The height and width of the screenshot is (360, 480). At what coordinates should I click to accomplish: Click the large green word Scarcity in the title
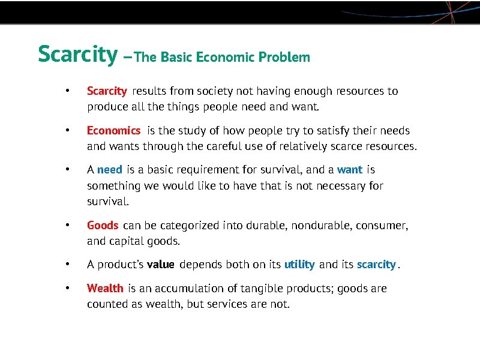(77, 54)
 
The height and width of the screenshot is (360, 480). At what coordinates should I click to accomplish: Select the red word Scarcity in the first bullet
(107, 91)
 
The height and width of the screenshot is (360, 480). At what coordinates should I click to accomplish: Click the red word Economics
(113, 130)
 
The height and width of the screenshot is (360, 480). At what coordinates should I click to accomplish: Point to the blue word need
(109, 170)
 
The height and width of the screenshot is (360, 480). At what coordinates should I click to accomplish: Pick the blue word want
(350, 170)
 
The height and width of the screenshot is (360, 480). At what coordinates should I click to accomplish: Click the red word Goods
(103, 226)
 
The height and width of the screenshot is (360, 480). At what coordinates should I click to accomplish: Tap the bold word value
(160, 265)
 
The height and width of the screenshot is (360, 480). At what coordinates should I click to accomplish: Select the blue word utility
(299, 265)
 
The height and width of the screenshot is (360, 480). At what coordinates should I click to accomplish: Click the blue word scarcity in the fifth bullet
(376, 265)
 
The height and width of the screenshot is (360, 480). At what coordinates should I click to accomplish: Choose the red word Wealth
(105, 289)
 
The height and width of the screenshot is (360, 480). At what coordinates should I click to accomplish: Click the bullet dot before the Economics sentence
(68, 130)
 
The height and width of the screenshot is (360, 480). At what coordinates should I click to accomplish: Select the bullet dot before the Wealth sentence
(68, 289)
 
